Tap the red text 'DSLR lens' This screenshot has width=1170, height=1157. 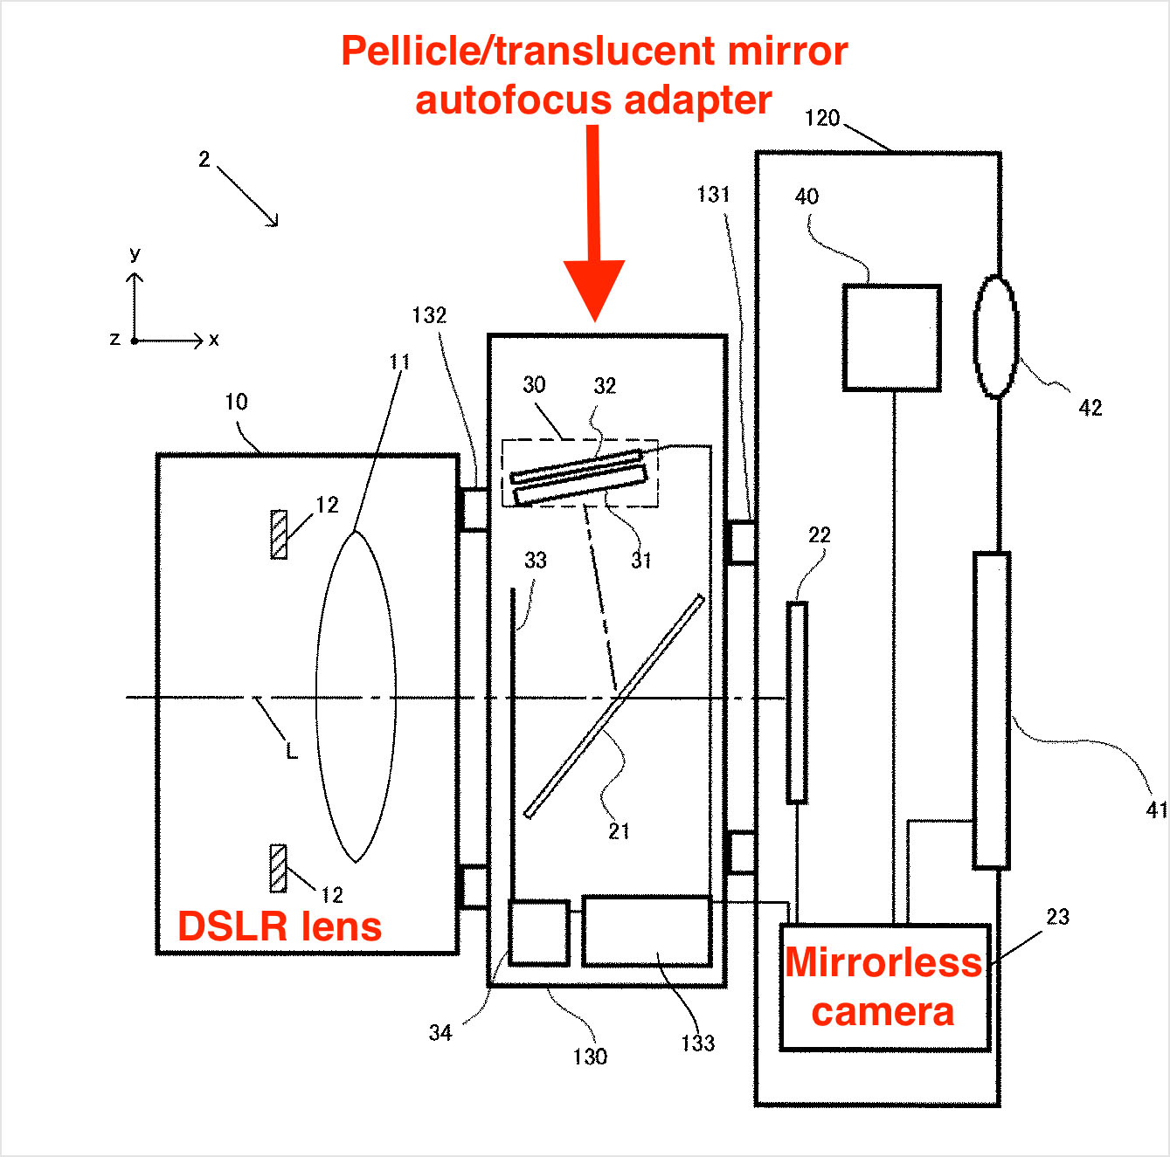280,926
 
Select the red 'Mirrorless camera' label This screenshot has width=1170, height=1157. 883,987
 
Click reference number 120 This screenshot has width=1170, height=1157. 821,119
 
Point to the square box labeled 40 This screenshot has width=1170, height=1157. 891,337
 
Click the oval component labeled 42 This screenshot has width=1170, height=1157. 996,337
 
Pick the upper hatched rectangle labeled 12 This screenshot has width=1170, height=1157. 279,534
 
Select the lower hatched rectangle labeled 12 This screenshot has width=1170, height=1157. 278,868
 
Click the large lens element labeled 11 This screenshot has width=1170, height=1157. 356,697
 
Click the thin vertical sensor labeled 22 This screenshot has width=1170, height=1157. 796,702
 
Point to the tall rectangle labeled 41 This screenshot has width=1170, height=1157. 992,710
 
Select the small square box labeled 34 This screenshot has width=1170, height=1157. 539,933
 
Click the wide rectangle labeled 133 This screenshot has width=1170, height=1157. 647,931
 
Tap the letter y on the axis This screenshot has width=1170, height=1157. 135,255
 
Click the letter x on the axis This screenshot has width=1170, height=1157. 214,340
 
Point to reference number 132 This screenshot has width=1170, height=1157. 429,315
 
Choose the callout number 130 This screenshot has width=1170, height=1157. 590,1057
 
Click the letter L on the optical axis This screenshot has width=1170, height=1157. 292,751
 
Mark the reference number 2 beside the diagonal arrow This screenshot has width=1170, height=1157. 204,159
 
